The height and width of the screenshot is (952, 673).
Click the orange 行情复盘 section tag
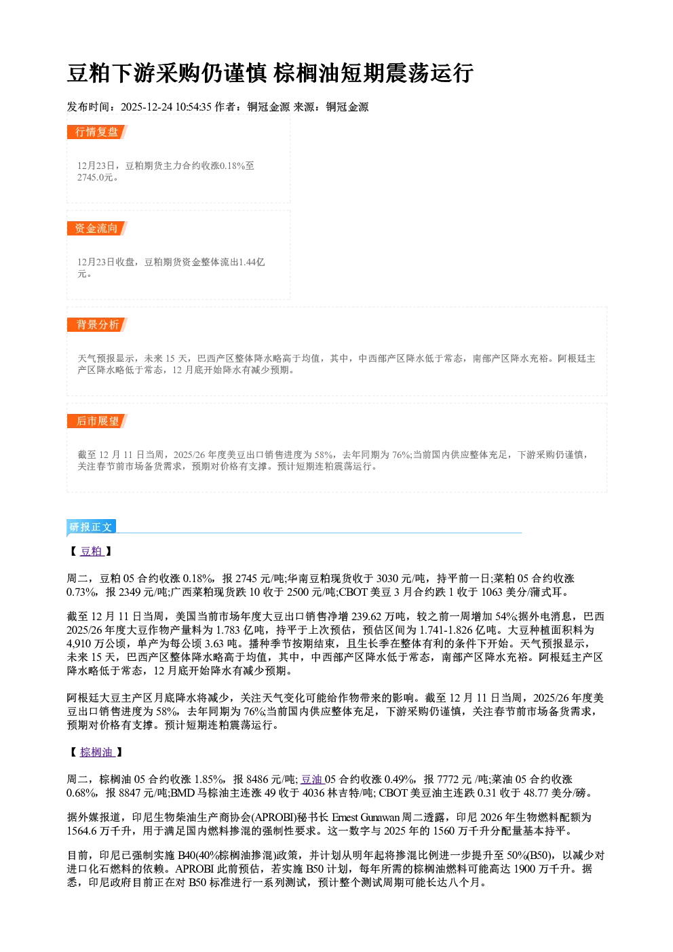click(x=97, y=132)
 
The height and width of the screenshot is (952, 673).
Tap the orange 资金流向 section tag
click(x=97, y=228)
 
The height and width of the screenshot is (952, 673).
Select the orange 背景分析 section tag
click(x=97, y=325)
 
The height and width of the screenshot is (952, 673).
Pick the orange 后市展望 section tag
click(x=97, y=421)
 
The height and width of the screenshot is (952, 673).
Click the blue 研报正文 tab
click(x=91, y=527)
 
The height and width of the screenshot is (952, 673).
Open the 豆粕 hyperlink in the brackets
click(x=92, y=551)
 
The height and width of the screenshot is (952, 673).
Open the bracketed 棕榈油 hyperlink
click(x=97, y=753)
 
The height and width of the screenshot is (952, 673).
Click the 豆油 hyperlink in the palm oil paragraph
click(x=312, y=779)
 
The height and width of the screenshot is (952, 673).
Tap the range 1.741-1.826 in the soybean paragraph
click(x=446, y=630)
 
